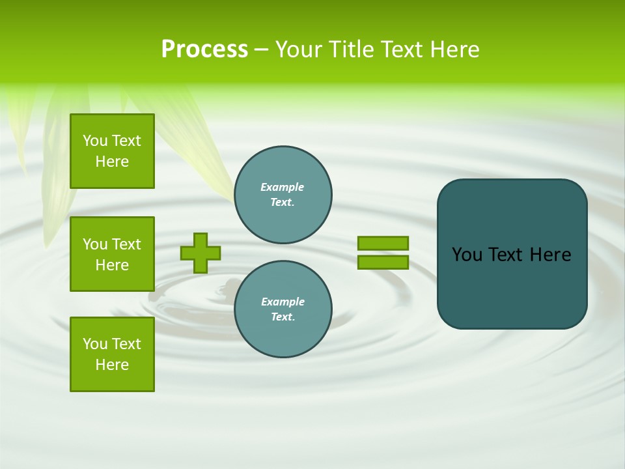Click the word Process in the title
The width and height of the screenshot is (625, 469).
(x=204, y=50)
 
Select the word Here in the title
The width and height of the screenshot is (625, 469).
(x=454, y=50)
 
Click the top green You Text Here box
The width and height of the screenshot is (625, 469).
(x=112, y=151)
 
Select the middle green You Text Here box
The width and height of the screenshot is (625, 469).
(x=112, y=254)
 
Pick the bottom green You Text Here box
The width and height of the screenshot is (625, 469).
(x=112, y=354)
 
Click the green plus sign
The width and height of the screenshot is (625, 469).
(x=201, y=253)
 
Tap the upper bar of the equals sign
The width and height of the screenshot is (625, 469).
(x=383, y=243)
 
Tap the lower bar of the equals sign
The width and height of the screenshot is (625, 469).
(x=383, y=263)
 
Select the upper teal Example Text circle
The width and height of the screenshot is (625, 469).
(x=283, y=194)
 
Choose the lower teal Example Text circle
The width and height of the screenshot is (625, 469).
(x=283, y=309)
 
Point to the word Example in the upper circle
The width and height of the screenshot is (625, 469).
(x=282, y=187)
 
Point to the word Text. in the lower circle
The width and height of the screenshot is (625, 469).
(x=283, y=317)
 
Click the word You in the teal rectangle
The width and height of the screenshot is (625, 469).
(x=467, y=255)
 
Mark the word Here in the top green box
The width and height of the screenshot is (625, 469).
(x=112, y=162)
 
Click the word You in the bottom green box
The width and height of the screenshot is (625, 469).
(x=95, y=344)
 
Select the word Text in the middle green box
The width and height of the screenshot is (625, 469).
(x=126, y=244)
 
